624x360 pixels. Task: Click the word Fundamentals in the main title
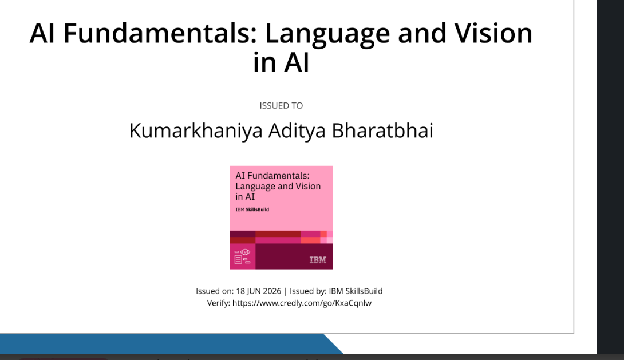tap(160, 33)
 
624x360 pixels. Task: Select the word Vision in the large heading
tap(493, 33)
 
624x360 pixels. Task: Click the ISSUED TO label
tap(281, 106)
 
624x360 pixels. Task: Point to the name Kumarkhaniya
tap(196, 131)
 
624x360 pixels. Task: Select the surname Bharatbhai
tap(382, 130)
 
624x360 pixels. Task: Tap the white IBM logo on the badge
tap(318, 260)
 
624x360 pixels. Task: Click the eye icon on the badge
tap(245, 252)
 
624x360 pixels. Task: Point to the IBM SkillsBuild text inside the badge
tap(252, 209)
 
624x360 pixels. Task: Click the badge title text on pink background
tap(278, 186)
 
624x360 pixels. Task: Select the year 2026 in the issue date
tap(271, 291)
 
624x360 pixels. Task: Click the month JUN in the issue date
tap(254, 291)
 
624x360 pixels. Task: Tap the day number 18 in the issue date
tap(240, 291)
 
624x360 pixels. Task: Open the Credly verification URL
tap(302, 303)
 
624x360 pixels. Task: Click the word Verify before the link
tap(219, 303)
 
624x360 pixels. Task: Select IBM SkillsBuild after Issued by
tap(356, 291)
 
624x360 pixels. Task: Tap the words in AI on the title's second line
tap(281, 62)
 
